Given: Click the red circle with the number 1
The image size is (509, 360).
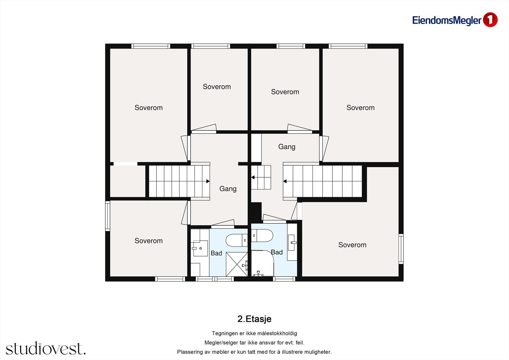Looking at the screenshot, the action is (x=490, y=20).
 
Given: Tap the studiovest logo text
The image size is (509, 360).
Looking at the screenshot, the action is (x=46, y=348).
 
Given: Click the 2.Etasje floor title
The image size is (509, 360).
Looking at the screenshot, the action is (x=254, y=319).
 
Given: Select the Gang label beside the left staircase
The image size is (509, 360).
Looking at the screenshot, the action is (x=228, y=189).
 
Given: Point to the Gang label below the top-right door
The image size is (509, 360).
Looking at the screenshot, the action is (x=287, y=147).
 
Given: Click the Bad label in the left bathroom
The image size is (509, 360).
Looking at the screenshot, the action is (x=216, y=253).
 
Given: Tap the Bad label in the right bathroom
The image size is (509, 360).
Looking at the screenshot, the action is (x=277, y=252).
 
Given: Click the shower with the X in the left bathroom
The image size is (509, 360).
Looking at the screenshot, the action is (x=237, y=264).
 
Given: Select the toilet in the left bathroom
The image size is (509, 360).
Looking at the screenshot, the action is (x=237, y=240).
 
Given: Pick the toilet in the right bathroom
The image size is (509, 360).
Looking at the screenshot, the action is (x=262, y=235).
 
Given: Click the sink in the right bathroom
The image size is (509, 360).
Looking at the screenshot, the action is (x=291, y=243).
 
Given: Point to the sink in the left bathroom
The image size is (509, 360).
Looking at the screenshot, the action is (x=200, y=248).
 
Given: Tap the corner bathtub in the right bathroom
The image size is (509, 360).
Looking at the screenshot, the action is (x=262, y=263).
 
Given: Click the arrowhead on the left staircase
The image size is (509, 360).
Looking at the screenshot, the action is (x=208, y=181).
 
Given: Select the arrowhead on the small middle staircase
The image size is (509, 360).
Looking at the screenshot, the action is (x=253, y=177).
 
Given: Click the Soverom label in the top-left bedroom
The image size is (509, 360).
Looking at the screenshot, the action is (x=149, y=108).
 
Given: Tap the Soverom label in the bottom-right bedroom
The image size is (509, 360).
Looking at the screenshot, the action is (x=352, y=245).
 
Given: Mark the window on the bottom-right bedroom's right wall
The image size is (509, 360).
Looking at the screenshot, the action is (x=401, y=249).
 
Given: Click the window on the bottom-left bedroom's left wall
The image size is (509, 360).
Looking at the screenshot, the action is (x=108, y=216).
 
